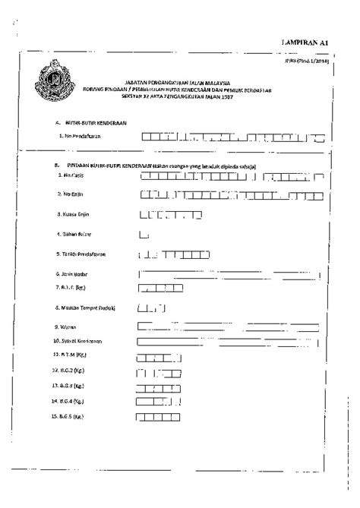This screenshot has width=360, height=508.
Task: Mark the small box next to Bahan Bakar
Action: coord(143,235)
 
